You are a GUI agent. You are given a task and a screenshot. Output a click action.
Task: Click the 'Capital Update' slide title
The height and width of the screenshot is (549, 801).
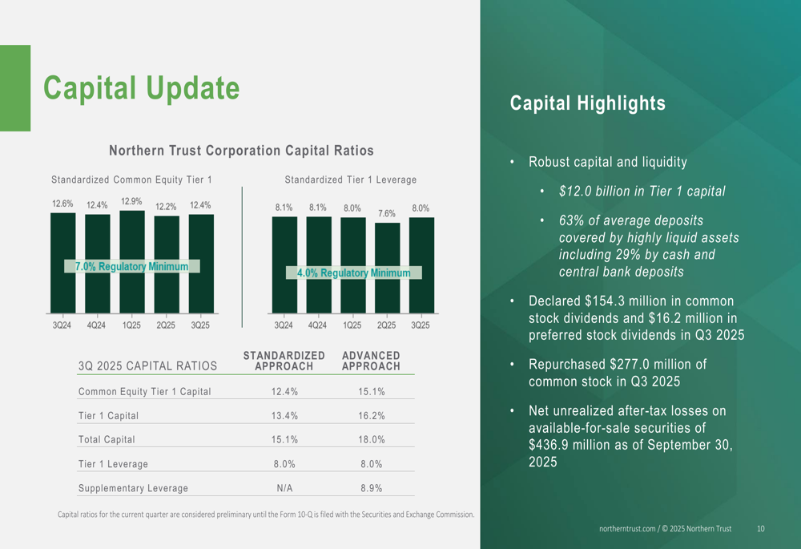pos(141,88)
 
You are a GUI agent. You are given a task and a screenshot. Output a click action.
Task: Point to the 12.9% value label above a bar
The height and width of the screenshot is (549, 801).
pos(131,202)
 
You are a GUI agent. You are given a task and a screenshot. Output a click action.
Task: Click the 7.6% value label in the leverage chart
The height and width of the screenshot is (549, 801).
pos(386,214)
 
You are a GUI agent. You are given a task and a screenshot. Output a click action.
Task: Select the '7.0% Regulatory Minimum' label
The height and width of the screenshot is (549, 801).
pos(131,266)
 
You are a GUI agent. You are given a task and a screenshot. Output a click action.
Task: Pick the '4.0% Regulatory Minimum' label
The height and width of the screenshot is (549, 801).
pos(353,272)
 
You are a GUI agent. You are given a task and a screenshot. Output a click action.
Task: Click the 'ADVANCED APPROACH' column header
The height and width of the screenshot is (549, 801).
pos(371,361)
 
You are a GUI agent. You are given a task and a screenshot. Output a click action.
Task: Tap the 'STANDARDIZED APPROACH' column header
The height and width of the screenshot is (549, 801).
pos(284,361)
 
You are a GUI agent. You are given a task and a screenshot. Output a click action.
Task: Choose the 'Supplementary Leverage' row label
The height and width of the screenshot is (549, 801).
pos(133,488)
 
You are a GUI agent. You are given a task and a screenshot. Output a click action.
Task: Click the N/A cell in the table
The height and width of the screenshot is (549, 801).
pos(284,488)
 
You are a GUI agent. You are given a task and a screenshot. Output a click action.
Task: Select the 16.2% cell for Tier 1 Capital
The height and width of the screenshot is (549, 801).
pos(372,416)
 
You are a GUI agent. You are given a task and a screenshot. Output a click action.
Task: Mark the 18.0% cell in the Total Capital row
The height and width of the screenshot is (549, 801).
pos(372,440)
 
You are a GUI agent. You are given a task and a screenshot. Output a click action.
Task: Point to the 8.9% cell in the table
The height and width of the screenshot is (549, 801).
pos(372,488)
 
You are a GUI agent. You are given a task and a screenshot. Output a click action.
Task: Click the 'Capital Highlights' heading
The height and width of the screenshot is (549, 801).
pos(587,103)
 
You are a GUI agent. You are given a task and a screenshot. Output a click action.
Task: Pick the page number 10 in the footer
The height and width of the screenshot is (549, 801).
pos(760,529)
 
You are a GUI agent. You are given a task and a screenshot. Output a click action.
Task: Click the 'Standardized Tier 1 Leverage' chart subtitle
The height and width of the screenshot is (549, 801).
pos(350,180)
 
